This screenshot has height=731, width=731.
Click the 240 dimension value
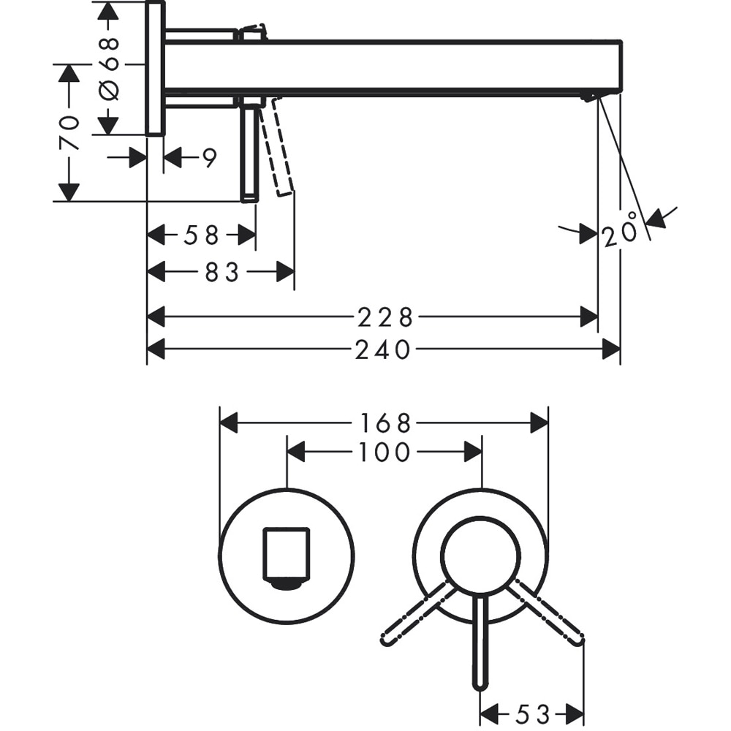tap(383, 351)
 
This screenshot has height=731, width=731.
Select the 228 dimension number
tap(385, 317)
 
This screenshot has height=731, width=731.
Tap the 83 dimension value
tap(222, 272)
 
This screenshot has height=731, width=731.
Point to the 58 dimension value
tap(201, 235)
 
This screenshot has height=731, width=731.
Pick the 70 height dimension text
tap(69, 132)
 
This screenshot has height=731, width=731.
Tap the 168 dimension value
tap(385, 423)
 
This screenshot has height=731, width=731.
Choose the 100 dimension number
tap(385, 453)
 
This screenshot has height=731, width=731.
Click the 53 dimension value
tap(531, 713)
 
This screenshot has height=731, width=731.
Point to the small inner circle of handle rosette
tap(480, 556)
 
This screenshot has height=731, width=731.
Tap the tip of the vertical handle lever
tap(480, 684)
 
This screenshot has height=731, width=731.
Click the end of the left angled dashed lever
tap(386, 640)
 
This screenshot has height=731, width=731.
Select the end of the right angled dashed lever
tap(579, 640)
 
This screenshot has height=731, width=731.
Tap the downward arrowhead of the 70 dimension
tap(69, 192)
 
